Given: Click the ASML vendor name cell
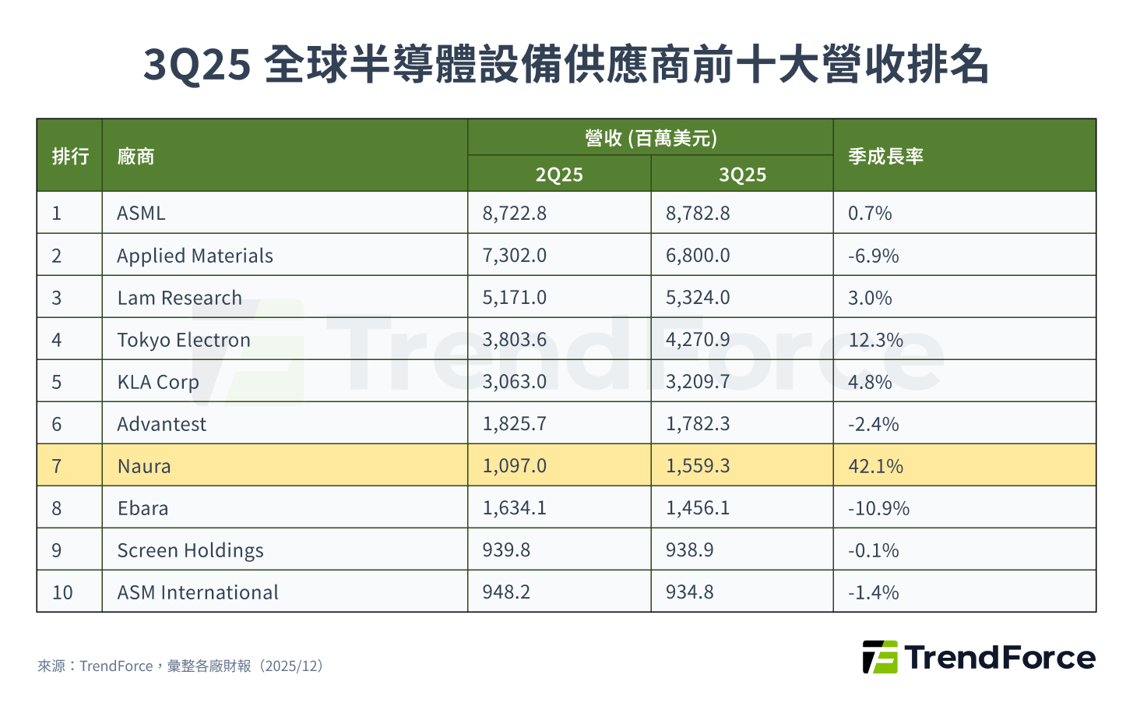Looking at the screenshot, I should click(141, 213).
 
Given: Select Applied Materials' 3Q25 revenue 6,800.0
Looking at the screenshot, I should click(698, 256).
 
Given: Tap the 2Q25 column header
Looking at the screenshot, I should click(559, 175).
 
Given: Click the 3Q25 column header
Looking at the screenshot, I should click(742, 175).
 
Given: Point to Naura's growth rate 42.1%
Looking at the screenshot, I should click(875, 466).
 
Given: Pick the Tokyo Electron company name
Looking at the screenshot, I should click(184, 340).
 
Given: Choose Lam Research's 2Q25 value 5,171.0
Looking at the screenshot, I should click(514, 298).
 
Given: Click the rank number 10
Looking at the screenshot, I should click(62, 592).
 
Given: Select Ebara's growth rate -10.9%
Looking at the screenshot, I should click(878, 508).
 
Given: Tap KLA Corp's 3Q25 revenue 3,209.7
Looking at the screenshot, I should click(698, 382).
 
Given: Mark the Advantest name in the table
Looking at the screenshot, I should click(162, 424).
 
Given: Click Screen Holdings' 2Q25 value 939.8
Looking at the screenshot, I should click(506, 550).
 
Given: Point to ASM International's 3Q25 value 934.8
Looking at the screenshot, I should click(689, 592).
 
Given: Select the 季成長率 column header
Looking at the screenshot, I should click(885, 157).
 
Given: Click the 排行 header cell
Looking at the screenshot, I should click(70, 157).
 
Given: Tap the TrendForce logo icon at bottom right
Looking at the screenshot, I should click(880, 657).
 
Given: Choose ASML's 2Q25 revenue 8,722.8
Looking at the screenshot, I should click(514, 213).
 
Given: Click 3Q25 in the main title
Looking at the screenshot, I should click(197, 64).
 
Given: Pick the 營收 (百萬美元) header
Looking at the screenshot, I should click(650, 139).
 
